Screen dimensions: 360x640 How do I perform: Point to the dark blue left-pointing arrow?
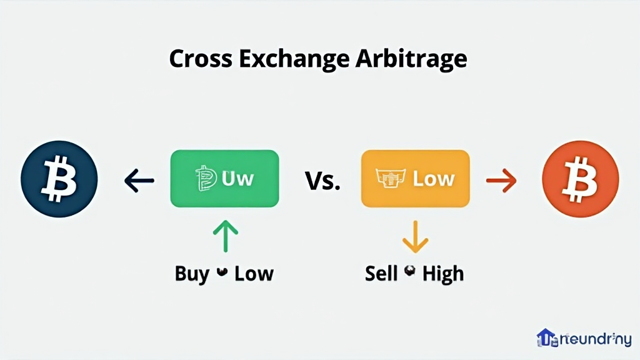coord(139,181)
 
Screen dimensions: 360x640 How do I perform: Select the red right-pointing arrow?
coord(501,181)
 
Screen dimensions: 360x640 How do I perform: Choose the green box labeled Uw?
coord(224,179)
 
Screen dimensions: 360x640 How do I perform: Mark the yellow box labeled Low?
coord(415,179)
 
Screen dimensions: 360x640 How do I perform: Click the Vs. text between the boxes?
coord(322,181)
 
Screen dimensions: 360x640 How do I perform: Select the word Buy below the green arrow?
coord(192,274)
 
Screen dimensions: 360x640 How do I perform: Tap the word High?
coord(443,274)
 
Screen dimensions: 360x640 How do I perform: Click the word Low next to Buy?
coord(254,274)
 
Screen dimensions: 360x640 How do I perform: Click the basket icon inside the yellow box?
coord(391,179)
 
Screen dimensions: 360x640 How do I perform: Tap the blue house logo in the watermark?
coord(546,338)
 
